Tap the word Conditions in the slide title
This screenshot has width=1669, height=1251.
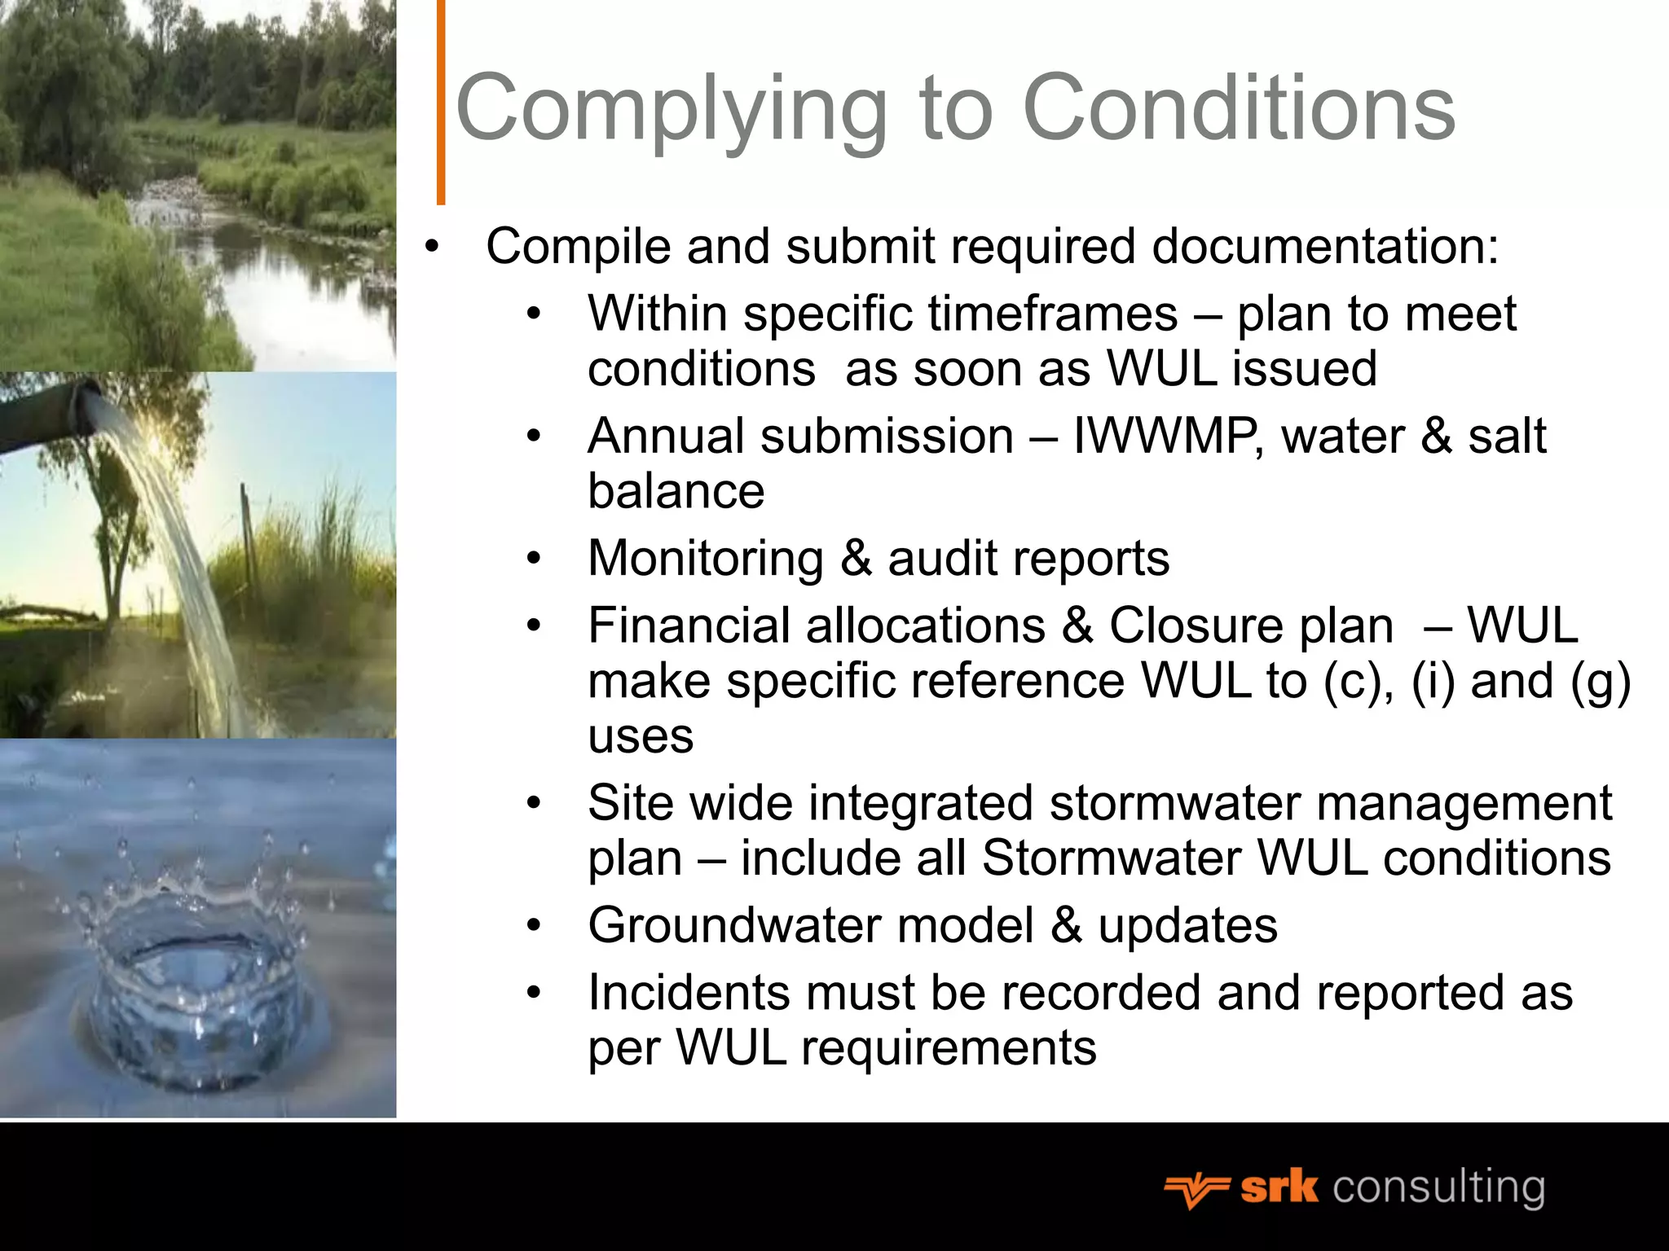tap(1238, 108)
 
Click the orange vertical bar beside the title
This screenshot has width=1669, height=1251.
tap(441, 102)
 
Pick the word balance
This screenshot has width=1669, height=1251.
tap(676, 491)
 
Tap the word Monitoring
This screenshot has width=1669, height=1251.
tap(706, 559)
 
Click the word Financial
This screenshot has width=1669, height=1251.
tap(695, 625)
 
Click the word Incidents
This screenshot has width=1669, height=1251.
tap(689, 993)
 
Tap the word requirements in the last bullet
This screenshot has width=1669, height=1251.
tap(949, 1047)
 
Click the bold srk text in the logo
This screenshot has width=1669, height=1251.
tap(1279, 1187)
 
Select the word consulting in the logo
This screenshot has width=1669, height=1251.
tap(1438, 1188)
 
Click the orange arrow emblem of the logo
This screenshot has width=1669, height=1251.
tap(1196, 1191)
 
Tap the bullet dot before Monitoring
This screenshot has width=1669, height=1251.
tap(534, 559)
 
